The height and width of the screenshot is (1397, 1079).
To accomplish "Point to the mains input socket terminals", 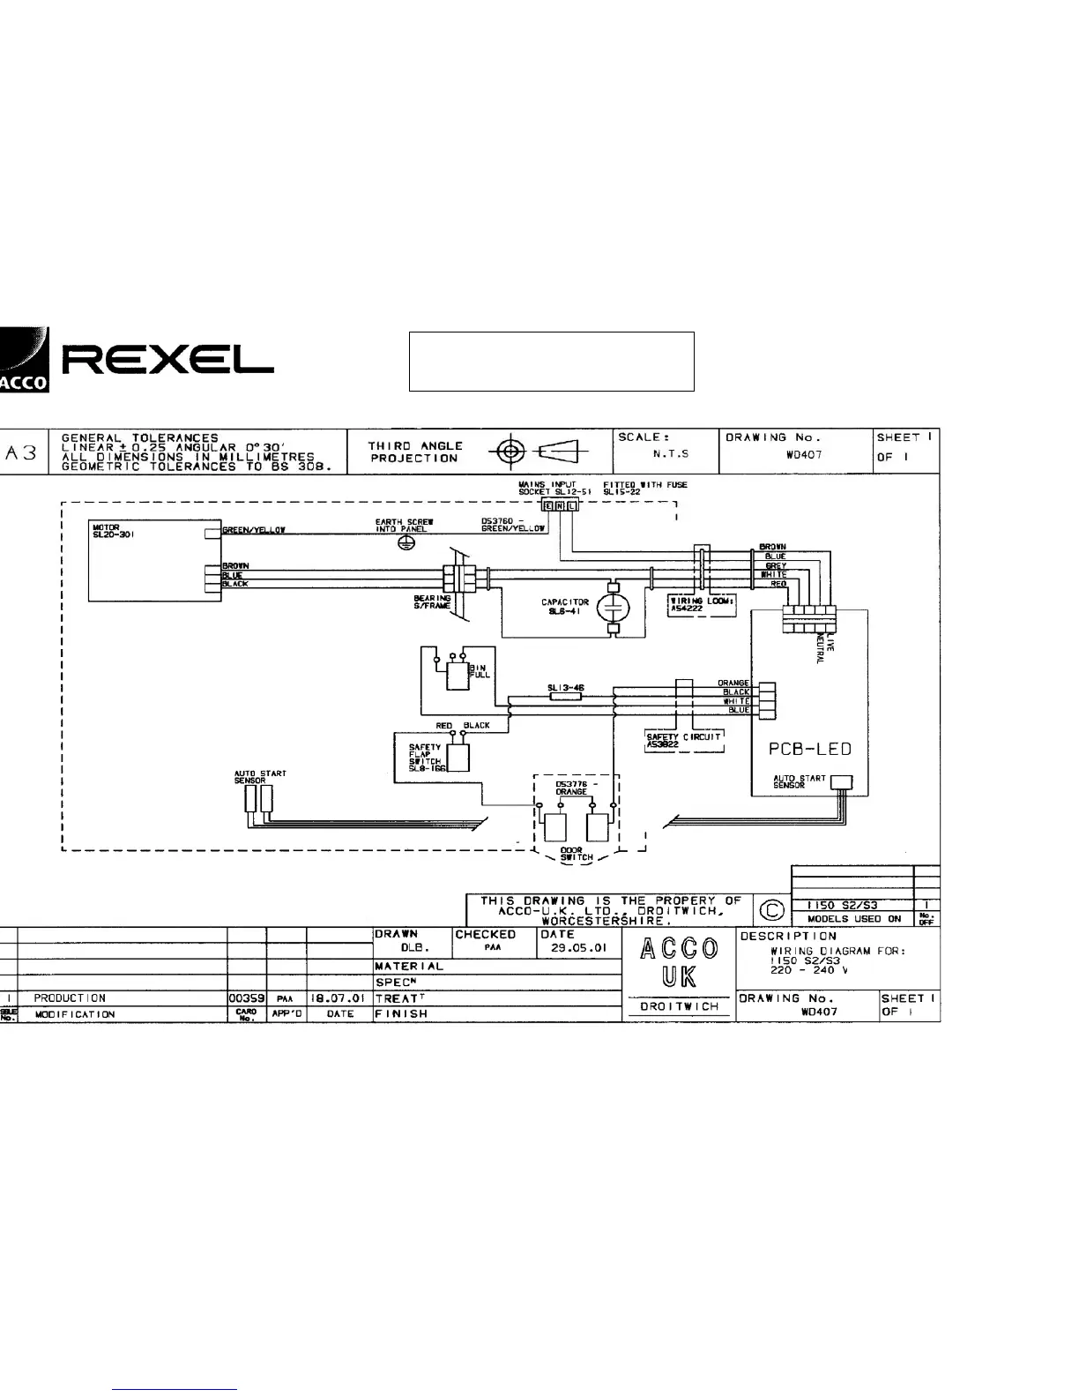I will [x=562, y=505].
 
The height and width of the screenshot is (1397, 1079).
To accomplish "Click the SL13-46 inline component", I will [x=564, y=695].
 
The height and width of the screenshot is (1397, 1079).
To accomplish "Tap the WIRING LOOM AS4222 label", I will [x=702, y=604].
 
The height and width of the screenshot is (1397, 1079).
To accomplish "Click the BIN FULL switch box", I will [x=458, y=676].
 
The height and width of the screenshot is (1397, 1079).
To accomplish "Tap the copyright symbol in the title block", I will [x=770, y=909].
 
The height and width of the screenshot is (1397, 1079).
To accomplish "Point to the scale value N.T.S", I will [x=671, y=454].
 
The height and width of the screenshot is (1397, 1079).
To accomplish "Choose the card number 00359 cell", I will [x=247, y=998].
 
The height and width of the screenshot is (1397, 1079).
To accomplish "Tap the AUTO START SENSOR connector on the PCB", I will [x=843, y=781].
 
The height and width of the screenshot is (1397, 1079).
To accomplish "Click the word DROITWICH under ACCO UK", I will [x=678, y=1006].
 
